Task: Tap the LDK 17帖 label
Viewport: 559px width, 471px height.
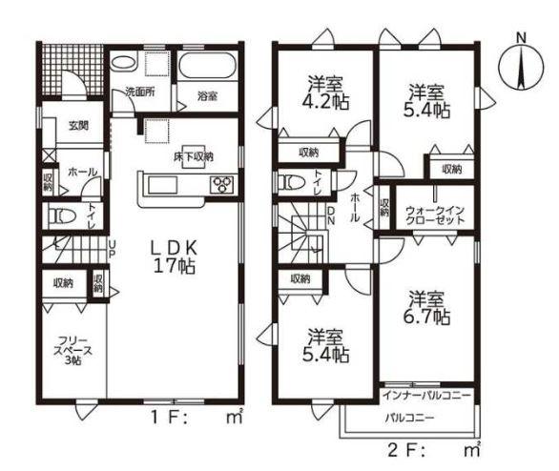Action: pyautogui.click(x=174, y=256)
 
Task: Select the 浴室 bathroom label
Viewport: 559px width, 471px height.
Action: pyautogui.click(x=207, y=96)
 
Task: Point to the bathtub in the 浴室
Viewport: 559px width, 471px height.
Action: pyautogui.click(x=207, y=67)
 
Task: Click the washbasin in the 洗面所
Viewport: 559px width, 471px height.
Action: pyautogui.click(x=124, y=63)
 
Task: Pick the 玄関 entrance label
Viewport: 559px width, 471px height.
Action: pyautogui.click(x=78, y=126)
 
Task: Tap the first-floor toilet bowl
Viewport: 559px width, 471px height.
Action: pyautogui.click(x=63, y=215)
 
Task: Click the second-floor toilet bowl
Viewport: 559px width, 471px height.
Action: pyautogui.click(x=292, y=182)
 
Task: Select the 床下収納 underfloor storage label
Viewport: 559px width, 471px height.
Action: pyautogui.click(x=194, y=156)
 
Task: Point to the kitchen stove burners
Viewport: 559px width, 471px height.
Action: pyautogui.click(x=222, y=185)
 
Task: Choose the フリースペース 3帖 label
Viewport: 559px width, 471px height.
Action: pyautogui.click(x=72, y=351)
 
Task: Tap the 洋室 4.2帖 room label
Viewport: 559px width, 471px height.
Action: pyautogui.click(x=325, y=92)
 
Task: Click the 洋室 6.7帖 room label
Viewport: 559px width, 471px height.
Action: pyautogui.click(x=426, y=307)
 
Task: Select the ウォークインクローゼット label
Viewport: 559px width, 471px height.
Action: pyautogui.click(x=435, y=215)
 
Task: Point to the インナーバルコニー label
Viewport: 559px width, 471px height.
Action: pyautogui.click(x=426, y=395)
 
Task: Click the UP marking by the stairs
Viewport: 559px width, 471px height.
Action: pyautogui.click(x=112, y=249)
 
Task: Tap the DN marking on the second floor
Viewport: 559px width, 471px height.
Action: pyautogui.click(x=331, y=215)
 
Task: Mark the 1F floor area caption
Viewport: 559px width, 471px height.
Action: pyautogui.click(x=197, y=418)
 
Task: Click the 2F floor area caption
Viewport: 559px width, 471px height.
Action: pyautogui.click(x=434, y=450)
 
